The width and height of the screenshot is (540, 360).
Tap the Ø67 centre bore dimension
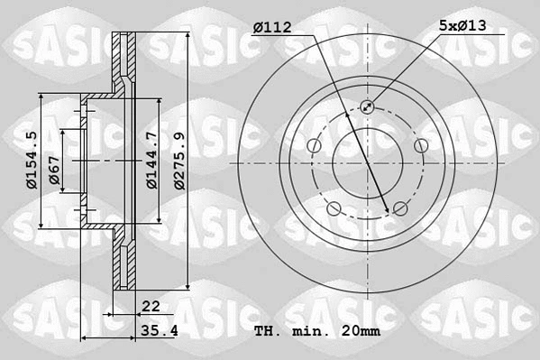(55, 171)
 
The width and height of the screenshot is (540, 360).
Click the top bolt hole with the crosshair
(367, 107)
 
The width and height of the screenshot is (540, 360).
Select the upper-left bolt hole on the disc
(314, 146)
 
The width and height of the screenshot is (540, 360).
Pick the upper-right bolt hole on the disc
(420, 146)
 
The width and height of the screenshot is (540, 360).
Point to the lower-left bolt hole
(334, 209)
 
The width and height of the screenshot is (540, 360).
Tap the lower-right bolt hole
(400, 209)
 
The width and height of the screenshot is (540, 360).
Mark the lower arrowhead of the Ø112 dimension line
(389, 210)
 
